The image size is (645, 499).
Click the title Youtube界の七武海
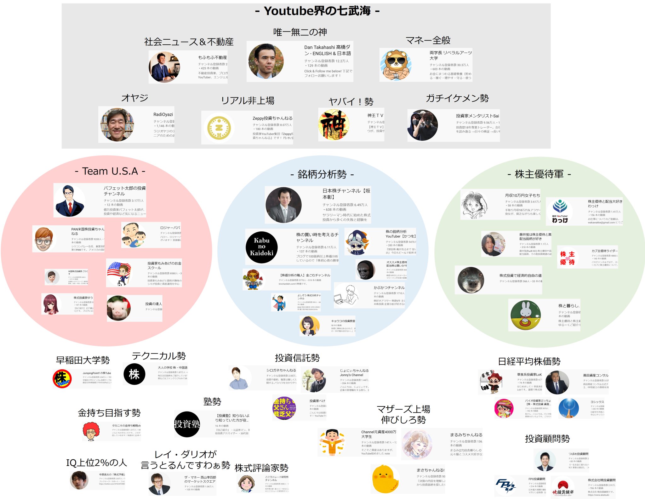tap(317, 11)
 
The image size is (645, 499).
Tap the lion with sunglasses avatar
tap(396, 65)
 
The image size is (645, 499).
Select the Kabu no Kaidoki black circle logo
tap(261, 247)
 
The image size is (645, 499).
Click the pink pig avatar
tap(119, 308)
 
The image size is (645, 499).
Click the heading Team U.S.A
tap(110, 171)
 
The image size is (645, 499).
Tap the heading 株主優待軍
tap(539, 174)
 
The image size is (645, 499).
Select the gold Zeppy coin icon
tap(219, 128)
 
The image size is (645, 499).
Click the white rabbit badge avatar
tap(525, 315)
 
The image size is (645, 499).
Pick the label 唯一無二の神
tap(300, 32)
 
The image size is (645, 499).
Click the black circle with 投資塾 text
tap(187, 424)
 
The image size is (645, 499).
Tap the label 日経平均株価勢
tap(529, 361)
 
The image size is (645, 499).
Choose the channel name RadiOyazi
tap(163, 115)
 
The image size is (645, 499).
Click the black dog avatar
tap(471, 280)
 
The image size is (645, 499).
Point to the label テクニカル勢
tap(159, 356)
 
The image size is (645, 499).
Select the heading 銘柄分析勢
tap(322, 174)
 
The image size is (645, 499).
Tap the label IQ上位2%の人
tap(96, 462)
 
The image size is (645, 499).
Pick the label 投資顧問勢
tap(547, 439)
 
